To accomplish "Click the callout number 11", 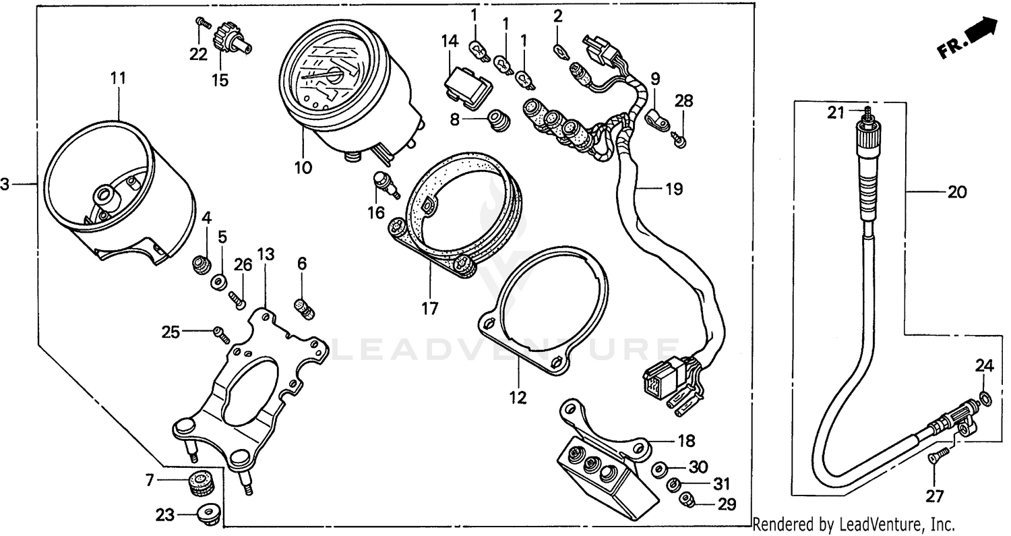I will [x=119, y=78].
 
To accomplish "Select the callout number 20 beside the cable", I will [x=956, y=192].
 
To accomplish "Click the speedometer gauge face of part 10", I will [x=326, y=77].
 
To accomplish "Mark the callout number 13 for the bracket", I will [x=266, y=254].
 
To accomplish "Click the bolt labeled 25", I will [x=219, y=331].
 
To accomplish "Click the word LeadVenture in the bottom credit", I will [x=874, y=524].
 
